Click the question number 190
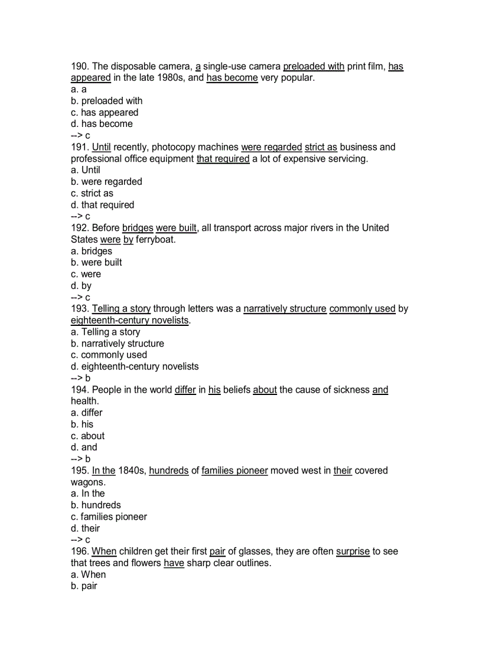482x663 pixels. point(80,67)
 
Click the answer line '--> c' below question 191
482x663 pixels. point(80,217)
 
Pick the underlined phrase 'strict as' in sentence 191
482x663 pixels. point(321,147)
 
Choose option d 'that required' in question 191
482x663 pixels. point(102,205)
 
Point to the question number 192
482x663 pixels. point(80,228)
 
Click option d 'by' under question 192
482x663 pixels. point(81,286)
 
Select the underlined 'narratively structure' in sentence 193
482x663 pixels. point(285,309)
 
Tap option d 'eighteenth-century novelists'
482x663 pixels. point(135,367)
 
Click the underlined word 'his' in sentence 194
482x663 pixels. point(214,390)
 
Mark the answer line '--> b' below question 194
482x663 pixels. point(80,459)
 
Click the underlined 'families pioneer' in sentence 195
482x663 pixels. point(235,471)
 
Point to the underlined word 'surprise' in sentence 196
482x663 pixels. point(353,551)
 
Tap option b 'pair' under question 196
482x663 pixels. point(84,586)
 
